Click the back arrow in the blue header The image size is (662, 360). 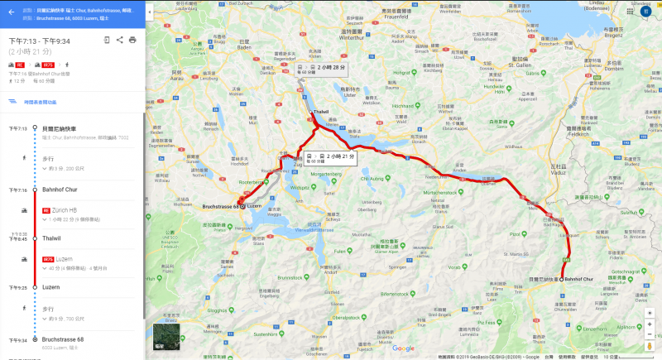(12, 12)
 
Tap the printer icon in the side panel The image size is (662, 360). (132, 39)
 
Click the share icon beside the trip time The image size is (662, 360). (120, 39)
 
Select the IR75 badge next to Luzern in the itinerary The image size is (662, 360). (47, 259)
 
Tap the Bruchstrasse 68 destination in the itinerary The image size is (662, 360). (63, 338)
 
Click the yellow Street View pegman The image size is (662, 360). (650, 335)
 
